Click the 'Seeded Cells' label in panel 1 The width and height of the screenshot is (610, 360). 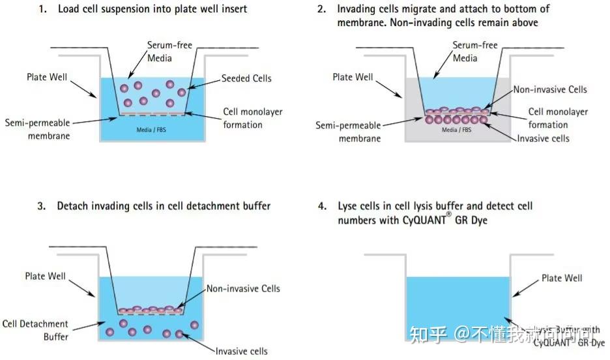click(246, 78)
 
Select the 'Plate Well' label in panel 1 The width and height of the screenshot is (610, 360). click(46, 77)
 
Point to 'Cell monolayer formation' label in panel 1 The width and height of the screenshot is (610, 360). click(253, 118)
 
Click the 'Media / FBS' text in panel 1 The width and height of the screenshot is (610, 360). click(152, 130)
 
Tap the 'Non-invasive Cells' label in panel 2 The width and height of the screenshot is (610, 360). click(550, 89)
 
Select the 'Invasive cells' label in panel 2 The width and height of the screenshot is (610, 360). click(544, 138)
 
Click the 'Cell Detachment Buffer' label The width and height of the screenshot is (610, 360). click(35, 330)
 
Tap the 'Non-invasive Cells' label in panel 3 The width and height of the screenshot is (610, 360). click(243, 288)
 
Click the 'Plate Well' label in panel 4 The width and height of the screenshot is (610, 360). click(562, 278)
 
